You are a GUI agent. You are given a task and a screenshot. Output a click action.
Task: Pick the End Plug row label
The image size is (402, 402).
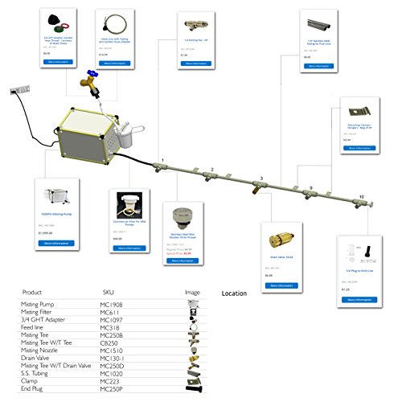coord(34,388)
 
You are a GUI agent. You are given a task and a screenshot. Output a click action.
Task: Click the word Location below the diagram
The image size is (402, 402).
coord(234,293)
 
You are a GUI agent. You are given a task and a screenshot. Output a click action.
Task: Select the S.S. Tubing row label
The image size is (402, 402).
coord(36,372)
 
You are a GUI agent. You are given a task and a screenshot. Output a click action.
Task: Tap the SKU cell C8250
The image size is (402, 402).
coord(110,343)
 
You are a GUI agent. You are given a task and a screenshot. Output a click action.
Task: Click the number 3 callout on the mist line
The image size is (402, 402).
coord(260,178)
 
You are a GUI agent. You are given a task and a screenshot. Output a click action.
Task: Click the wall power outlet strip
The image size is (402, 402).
coord(18,91)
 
